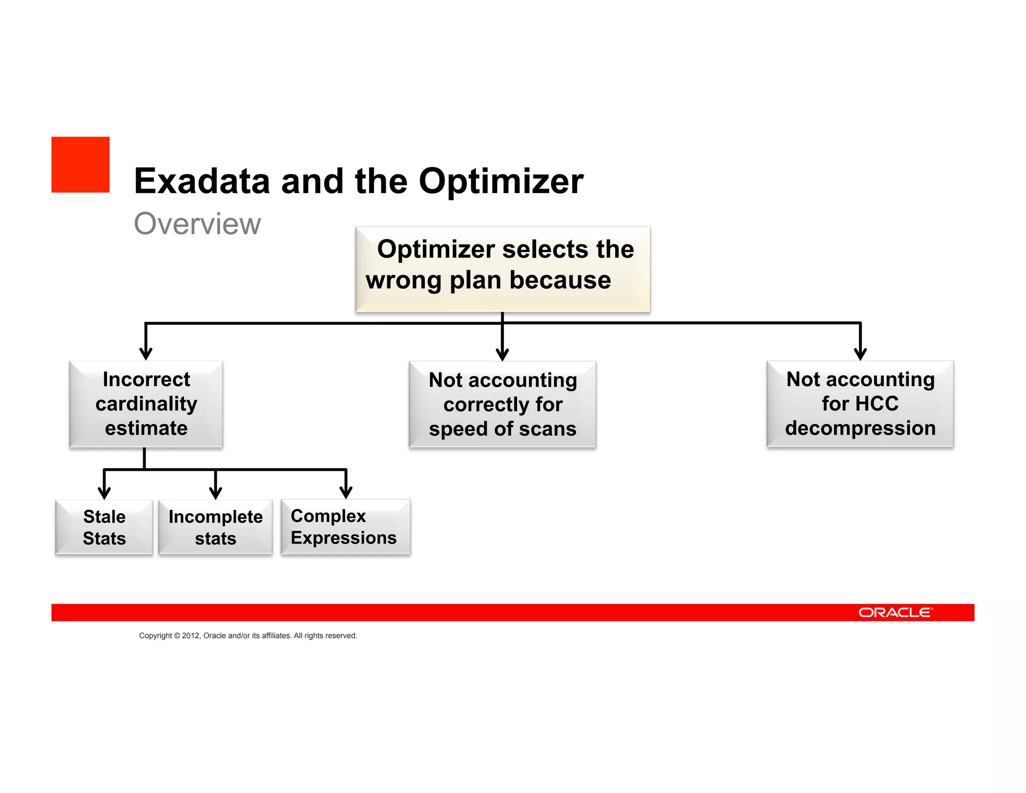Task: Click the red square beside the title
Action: point(80,164)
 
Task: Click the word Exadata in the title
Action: point(201,181)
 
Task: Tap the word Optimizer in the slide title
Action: point(500,181)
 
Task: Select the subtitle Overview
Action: point(197,224)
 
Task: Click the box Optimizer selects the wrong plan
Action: point(502,269)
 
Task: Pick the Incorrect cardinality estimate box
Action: point(146,404)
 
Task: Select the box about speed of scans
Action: point(502,405)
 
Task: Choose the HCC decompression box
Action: point(860,404)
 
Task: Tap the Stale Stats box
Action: point(104,527)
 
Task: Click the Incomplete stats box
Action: point(215,527)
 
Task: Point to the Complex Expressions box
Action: point(346,527)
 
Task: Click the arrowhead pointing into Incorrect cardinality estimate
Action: point(146,354)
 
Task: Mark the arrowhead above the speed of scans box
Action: point(502,355)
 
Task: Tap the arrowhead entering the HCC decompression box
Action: point(860,354)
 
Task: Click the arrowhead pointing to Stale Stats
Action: point(104,493)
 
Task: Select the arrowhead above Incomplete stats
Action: point(215,493)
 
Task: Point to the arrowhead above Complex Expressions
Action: point(346,492)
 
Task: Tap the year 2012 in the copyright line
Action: point(190,636)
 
